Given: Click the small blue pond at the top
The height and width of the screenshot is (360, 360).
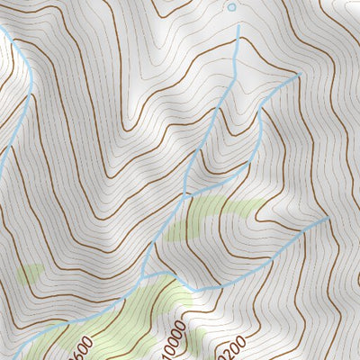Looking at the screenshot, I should point(231,7).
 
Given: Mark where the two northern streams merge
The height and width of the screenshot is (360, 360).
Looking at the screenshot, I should point(186,194).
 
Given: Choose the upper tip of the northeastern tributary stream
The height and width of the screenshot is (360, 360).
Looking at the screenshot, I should point(297,76).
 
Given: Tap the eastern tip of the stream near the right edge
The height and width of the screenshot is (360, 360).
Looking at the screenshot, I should point(328,219).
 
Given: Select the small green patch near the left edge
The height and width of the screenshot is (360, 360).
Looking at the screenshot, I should point(31,272).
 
